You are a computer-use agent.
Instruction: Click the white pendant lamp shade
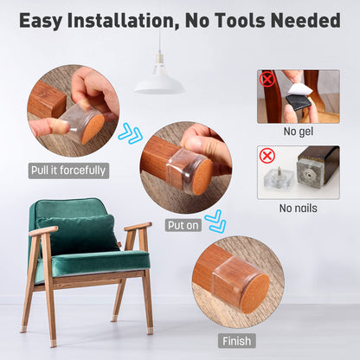coord(158,83)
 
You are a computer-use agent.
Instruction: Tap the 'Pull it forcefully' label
coord(68,170)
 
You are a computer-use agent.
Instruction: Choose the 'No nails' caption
coord(299,208)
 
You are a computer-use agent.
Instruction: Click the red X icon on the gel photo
coord(267,80)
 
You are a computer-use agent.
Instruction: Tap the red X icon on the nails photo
coord(267,156)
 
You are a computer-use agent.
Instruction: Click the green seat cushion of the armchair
coord(95,263)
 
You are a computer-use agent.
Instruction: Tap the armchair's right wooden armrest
coord(138,228)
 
